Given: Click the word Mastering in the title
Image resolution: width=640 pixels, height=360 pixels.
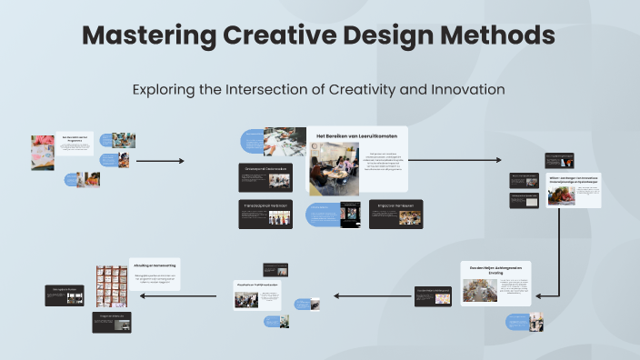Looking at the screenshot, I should [146, 36].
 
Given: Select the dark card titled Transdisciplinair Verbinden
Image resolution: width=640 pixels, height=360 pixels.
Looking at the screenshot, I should [266, 213].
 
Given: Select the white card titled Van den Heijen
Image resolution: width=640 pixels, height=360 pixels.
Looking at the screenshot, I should [495, 283].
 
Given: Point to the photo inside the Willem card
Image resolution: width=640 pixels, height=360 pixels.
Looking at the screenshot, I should [560, 195].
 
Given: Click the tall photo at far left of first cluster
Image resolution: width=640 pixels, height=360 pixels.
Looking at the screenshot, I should [42, 153].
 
